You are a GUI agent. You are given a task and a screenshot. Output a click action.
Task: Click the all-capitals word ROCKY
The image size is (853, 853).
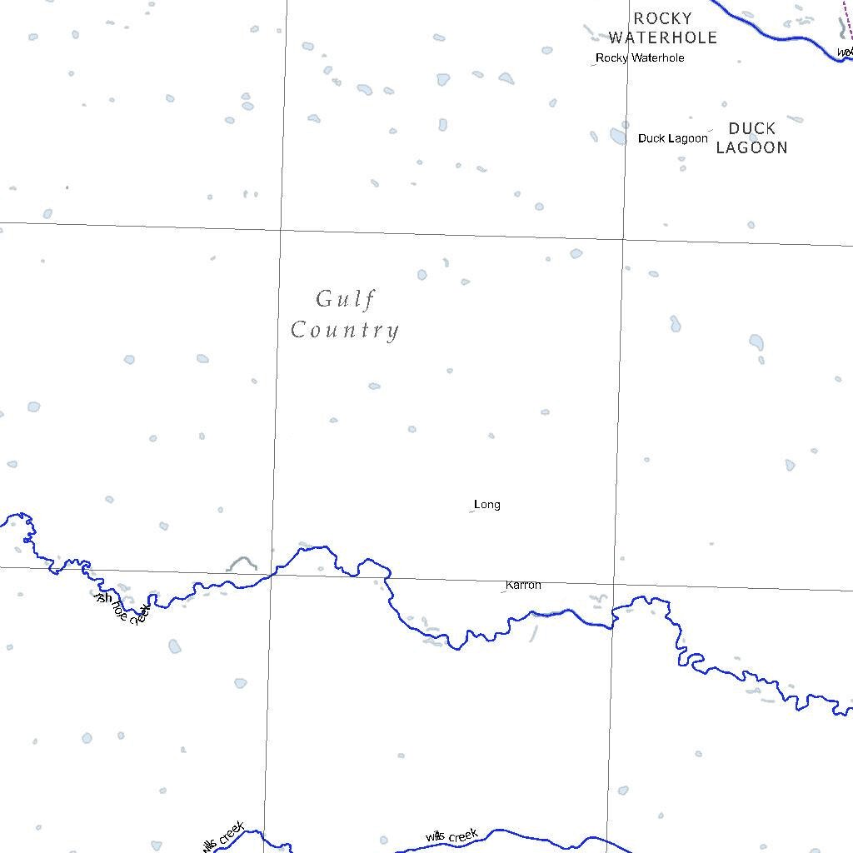click(x=662, y=18)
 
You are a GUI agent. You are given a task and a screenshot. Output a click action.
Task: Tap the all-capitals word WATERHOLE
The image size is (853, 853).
click(x=662, y=37)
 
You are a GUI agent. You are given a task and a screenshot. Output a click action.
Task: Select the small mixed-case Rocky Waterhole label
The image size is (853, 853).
click(x=640, y=58)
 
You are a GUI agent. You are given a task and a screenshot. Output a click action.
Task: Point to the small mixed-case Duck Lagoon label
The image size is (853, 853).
click(x=673, y=138)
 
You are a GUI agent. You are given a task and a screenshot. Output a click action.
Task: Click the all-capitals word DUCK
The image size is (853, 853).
click(x=751, y=129)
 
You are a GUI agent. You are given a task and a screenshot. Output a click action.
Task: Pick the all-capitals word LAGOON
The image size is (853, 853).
click(x=751, y=148)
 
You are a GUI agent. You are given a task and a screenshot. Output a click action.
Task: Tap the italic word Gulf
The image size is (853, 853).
click(x=345, y=299)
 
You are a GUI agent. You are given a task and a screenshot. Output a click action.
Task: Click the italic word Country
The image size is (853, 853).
click(x=345, y=331)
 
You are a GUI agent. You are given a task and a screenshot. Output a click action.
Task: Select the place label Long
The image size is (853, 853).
click(x=487, y=505)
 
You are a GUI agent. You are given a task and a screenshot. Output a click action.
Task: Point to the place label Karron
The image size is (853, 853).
click(x=523, y=586)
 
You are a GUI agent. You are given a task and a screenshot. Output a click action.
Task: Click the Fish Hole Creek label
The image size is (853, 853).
click(x=123, y=608)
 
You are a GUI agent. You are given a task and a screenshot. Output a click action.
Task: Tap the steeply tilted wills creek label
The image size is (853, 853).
click(x=222, y=836)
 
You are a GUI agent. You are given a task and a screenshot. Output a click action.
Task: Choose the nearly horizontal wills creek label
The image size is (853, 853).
click(x=451, y=836)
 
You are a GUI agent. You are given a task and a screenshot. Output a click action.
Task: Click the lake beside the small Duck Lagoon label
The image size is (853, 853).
click(x=618, y=136)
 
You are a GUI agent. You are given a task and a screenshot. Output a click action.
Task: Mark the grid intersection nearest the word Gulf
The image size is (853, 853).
click(x=281, y=229)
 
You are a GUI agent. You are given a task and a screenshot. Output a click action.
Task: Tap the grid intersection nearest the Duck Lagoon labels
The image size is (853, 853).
click(x=625, y=239)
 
